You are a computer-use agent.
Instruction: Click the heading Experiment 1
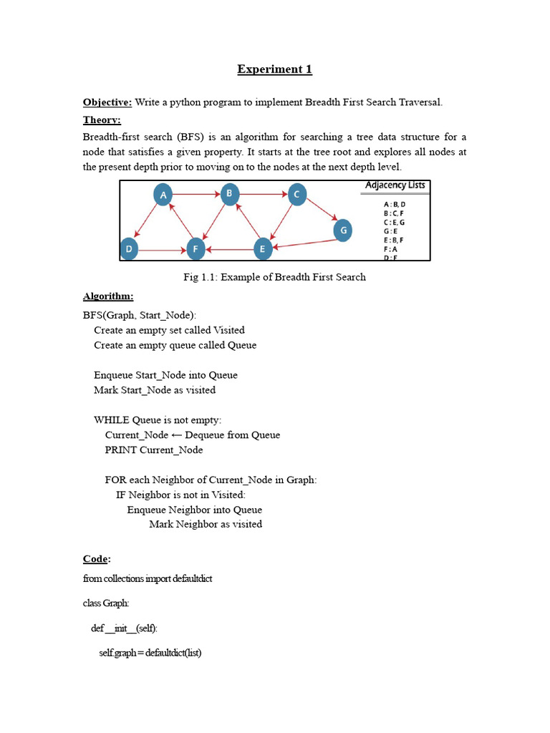click(275, 69)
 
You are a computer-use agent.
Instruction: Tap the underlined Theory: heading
click(102, 120)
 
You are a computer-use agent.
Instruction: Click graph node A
click(163, 195)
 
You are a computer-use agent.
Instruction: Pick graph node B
click(229, 193)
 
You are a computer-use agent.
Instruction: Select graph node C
click(297, 194)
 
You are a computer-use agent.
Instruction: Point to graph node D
click(129, 249)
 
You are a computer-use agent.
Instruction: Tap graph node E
click(264, 249)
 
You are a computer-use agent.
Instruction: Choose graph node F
click(196, 249)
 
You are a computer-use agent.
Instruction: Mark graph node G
click(343, 230)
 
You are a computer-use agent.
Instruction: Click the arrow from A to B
click(196, 194)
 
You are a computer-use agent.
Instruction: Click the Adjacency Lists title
click(395, 185)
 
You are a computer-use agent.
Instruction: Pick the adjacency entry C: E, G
click(395, 222)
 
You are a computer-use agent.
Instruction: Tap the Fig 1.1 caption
click(275, 277)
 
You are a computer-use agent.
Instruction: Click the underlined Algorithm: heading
click(108, 296)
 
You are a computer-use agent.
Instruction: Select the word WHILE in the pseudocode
click(112, 420)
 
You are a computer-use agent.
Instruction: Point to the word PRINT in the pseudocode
click(121, 450)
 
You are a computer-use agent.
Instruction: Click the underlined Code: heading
click(97, 558)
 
